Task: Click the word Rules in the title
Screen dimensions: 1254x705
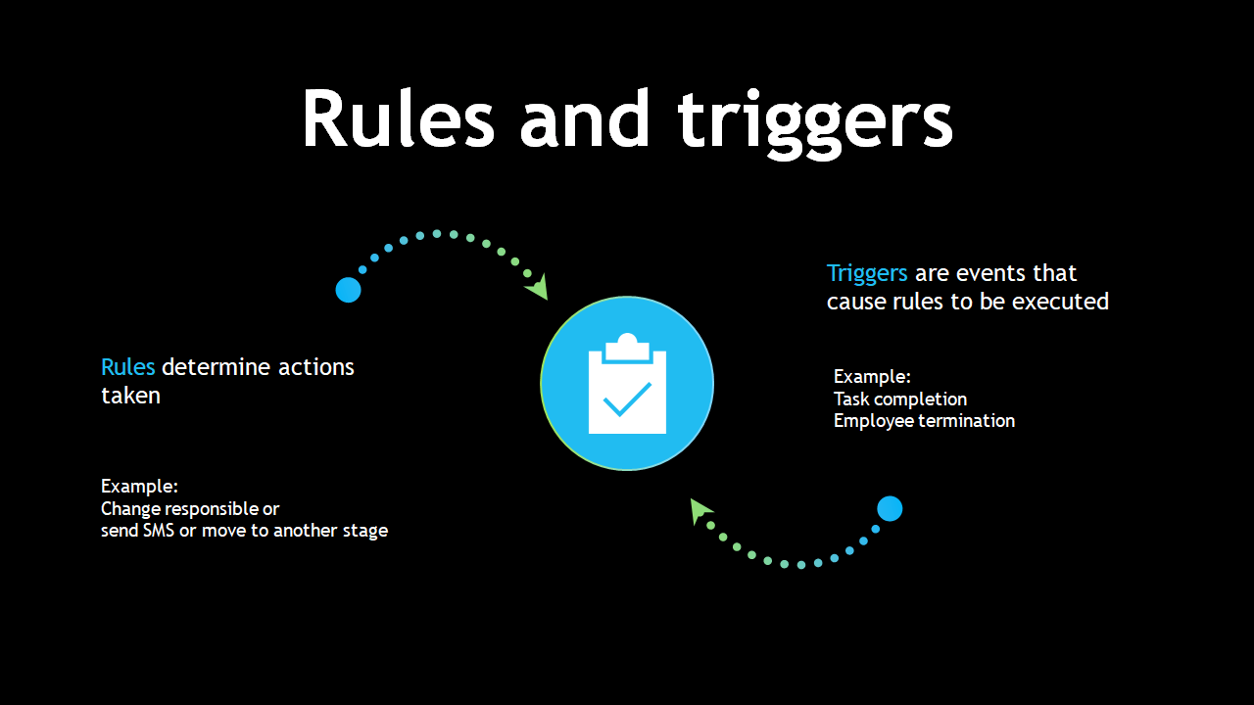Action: coord(399,118)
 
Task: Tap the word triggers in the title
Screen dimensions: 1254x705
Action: coord(815,124)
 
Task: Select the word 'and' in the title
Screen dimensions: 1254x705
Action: coord(585,118)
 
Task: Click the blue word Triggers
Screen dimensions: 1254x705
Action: coord(867,273)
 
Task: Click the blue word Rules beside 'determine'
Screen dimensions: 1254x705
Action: coord(127,367)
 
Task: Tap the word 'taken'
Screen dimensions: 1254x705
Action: coord(130,396)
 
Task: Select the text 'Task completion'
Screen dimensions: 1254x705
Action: coord(900,399)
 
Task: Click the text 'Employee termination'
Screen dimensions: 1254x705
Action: coord(924,421)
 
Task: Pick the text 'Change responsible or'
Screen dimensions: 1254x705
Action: coord(190,508)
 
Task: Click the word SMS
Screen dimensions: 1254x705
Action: coord(159,531)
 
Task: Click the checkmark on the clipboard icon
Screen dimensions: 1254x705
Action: coord(627,399)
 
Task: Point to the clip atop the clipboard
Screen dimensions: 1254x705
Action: coord(627,348)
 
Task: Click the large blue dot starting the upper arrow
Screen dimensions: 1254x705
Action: coord(348,290)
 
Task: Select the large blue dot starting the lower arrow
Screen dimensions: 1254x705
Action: coord(890,508)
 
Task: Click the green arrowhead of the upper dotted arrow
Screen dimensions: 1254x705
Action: coord(538,287)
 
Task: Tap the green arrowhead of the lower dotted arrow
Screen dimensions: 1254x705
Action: coord(699,510)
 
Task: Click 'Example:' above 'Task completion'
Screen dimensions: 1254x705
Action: coord(872,377)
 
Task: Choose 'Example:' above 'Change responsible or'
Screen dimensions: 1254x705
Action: coord(139,487)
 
